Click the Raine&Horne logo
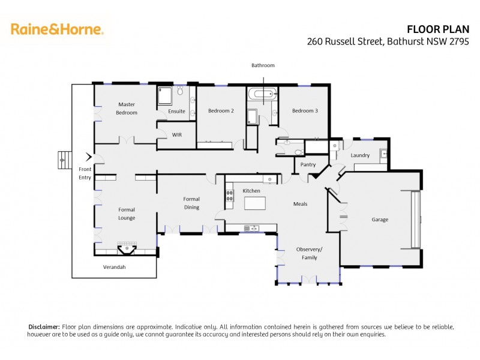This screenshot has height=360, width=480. (x=57, y=29)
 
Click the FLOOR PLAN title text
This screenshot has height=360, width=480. (x=443, y=29)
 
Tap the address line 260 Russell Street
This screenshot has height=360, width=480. (x=392, y=41)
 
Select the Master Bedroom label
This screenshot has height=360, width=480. (x=127, y=109)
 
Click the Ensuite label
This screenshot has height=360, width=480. (x=176, y=111)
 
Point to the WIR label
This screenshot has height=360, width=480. (x=176, y=135)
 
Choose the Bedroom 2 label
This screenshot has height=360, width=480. (x=221, y=110)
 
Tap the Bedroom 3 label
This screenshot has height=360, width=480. (x=305, y=110)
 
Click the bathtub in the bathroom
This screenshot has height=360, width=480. (x=263, y=94)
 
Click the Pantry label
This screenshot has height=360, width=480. (x=308, y=164)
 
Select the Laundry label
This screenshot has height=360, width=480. (x=360, y=155)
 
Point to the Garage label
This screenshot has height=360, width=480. (x=380, y=220)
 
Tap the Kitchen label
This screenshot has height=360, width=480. (x=251, y=191)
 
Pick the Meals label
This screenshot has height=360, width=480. (x=300, y=204)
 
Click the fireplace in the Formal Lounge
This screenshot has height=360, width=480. (x=127, y=249)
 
